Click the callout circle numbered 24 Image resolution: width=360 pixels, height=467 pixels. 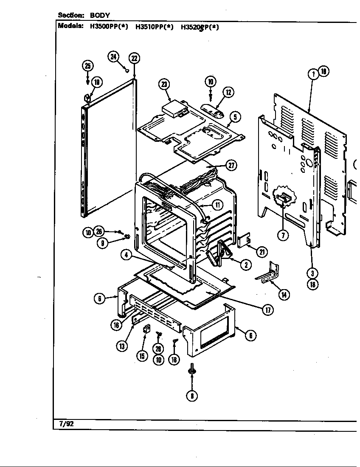[113, 57]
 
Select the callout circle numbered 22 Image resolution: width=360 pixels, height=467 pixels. [134, 58]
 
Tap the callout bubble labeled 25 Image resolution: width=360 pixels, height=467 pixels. [87, 66]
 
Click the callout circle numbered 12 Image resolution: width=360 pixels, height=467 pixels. [228, 92]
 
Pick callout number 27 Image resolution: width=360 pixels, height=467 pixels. [231, 166]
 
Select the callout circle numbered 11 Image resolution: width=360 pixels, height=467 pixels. [217, 205]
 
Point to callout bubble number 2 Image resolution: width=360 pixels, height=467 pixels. [245, 264]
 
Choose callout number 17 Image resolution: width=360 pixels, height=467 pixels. [267, 310]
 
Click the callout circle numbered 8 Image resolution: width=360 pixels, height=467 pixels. [192, 396]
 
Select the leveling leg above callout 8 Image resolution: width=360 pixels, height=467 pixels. [192, 370]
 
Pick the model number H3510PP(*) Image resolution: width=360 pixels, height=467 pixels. [154, 27]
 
